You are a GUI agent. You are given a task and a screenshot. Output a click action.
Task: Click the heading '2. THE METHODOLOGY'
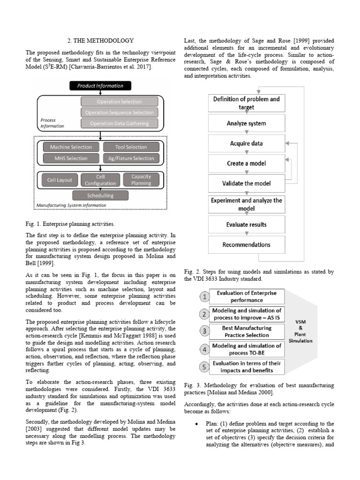tap(101, 41)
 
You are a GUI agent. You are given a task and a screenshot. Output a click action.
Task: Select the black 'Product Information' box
tap(100, 86)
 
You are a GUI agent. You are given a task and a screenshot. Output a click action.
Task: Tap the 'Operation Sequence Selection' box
tap(119, 112)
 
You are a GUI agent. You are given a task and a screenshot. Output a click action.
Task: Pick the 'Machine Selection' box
tap(71, 147)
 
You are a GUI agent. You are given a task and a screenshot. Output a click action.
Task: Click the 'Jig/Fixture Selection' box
tap(131, 158)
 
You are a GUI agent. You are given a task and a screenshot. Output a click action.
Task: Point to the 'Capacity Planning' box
tap(141, 180)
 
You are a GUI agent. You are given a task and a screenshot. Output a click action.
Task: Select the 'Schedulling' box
tap(100, 195)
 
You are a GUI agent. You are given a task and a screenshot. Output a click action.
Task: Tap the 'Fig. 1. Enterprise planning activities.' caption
tap(70, 224)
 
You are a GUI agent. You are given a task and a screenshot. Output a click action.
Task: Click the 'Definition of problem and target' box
tap(246, 103)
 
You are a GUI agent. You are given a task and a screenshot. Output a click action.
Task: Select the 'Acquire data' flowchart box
tap(246, 143)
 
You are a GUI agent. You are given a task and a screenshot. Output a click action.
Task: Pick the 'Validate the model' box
tap(246, 183)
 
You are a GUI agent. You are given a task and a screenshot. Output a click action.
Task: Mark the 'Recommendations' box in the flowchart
tap(246, 245)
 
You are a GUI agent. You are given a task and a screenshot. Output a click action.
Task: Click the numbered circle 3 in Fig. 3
tap(204, 331)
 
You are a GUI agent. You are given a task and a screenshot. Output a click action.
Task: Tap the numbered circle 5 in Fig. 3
tap(204, 367)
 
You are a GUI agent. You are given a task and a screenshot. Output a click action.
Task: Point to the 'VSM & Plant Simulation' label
tap(300, 331)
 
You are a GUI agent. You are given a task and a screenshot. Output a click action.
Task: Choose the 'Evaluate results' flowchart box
tap(246, 225)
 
